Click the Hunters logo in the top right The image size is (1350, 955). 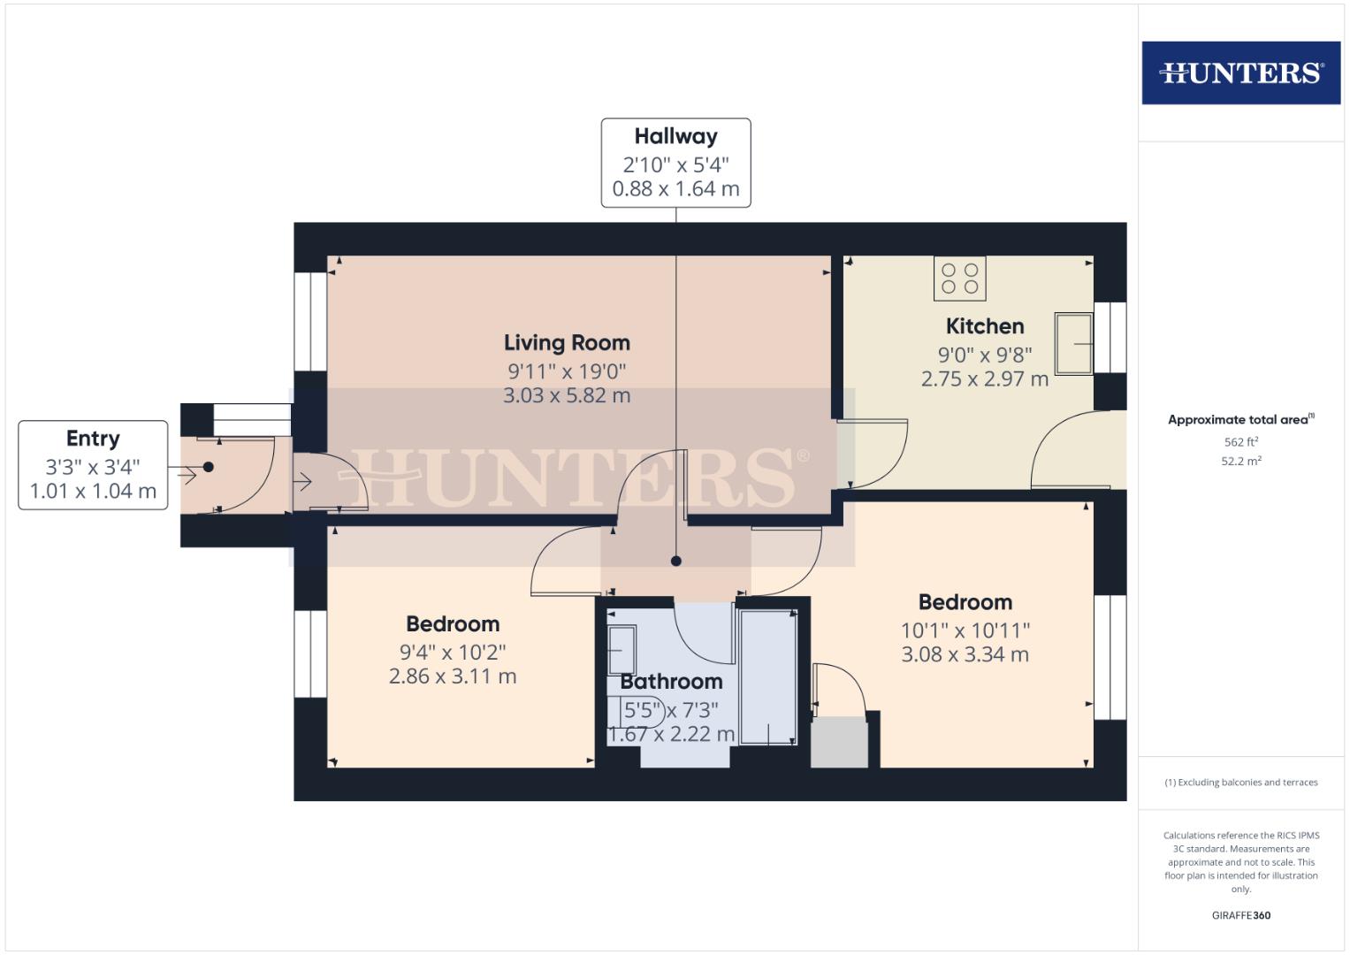[x=1240, y=73]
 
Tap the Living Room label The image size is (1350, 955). [x=567, y=342]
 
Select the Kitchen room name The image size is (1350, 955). [x=985, y=326]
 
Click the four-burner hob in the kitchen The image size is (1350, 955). [x=959, y=279]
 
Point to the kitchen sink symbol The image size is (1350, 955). [x=1074, y=343]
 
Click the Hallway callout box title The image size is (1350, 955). [x=675, y=136]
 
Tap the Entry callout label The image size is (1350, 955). [x=93, y=439]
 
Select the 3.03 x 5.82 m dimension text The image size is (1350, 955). [x=567, y=395]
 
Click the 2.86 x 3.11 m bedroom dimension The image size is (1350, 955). [x=453, y=676]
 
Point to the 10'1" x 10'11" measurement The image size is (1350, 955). [x=965, y=630]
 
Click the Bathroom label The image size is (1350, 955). [x=671, y=682]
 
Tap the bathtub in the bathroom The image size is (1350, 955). [x=768, y=676]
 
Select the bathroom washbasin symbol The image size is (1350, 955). [x=622, y=651]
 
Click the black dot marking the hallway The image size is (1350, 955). [x=676, y=561]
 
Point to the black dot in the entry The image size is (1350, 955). [x=209, y=467]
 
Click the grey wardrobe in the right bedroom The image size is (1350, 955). [x=840, y=742]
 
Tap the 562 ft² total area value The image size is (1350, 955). [x=1240, y=442]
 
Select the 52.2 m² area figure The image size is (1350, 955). [x=1240, y=461]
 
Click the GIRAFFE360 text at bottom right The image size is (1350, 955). [x=1240, y=915]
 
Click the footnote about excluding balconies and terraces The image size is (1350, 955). [x=1240, y=783]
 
